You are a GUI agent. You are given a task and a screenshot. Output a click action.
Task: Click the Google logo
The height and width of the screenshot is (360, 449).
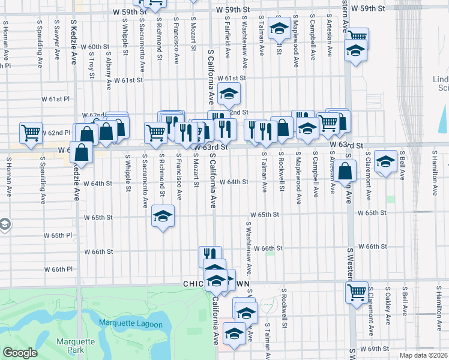tap(20, 353)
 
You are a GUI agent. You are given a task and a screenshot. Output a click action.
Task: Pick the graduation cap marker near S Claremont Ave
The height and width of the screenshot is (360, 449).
tap(385, 161)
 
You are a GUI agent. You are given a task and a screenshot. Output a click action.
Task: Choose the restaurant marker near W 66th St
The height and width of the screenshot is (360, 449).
tap(209, 256)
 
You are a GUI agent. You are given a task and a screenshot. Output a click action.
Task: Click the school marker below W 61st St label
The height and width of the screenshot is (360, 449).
tap(228, 94)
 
